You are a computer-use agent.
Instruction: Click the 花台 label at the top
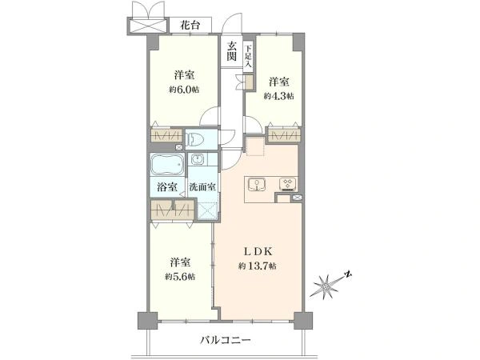click(x=190, y=25)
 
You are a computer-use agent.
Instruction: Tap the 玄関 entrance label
click(x=232, y=51)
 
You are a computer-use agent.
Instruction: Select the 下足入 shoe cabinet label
click(x=248, y=56)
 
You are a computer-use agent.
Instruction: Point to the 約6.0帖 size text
click(x=184, y=90)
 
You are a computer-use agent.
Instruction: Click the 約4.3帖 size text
click(x=279, y=96)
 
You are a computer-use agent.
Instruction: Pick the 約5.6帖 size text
click(x=180, y=277)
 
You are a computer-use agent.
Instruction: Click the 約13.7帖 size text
click(x=258, y=266)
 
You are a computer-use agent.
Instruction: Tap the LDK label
click(x=258, y=252)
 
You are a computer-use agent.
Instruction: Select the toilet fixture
click(x=195, y=139)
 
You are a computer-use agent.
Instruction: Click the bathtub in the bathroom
click(x=167, y=164)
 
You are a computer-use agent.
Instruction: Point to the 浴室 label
click(x=167, y=186)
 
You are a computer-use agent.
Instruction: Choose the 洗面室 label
click(x=202, y=186)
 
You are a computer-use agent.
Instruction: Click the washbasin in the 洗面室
click(x=197, y=159)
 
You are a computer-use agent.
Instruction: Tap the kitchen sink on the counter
click(x=257, y=185)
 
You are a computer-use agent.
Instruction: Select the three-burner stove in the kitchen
click(x=287, y=184)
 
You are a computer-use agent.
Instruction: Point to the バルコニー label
click(x=226, y=340)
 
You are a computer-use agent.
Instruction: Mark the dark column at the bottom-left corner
click(x=147, y=321)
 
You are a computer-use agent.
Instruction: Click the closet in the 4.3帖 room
click(x=283, y=135)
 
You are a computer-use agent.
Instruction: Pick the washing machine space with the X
click(x=208, y=210)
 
